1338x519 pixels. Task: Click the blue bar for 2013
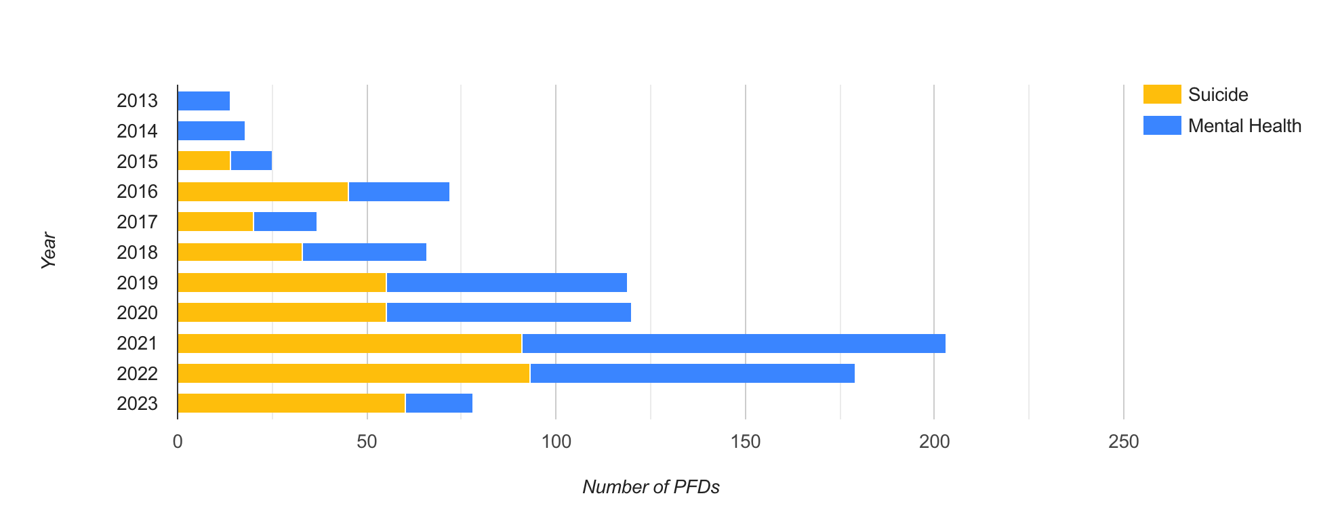pyautogui.click(x=203, y=101)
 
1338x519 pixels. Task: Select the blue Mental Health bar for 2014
pyautogui.click(x=211, y=131)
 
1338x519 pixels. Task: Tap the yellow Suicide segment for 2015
pyautogui.click(x=204, y=161)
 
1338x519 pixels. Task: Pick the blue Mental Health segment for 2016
pyautogui.click(x=399, y=192)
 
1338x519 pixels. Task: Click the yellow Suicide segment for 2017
pyautogui.click(x=216, y=222)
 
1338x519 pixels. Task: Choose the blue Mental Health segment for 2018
pyautogui.click(x=364, y=252)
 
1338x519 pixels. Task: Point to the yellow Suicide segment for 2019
pyautogui.click(x=282, y=283)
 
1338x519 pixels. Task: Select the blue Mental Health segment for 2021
pyautogui.click(x=733, y=344)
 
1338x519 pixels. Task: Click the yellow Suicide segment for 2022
pyautogui.click(x=354, y=373)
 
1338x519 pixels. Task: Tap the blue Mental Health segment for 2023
pyautogui.click(x=439, y=403)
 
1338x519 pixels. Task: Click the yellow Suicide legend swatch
pyautogui.click(x=1162, y=94)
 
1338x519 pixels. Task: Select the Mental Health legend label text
pyautogui.click(x=1244, y=126)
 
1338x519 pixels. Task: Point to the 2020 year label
pyautogui.click(x=137, y=313)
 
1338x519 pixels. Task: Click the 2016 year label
pyautogui.click(x=137, y=192)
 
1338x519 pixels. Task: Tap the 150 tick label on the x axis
pyautogui.click(x=745, y=442)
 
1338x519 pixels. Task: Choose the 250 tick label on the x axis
pyautogui.click(x=1123, y=442)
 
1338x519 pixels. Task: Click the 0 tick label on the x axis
pyautogui.click(x=178, y=442)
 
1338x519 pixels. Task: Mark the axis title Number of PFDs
pyautogui.click(x=651, y=487)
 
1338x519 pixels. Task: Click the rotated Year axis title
pyautogui.click(x=48, y=251)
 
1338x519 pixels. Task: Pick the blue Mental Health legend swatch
pyautogui.click(x=1162, y=125)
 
